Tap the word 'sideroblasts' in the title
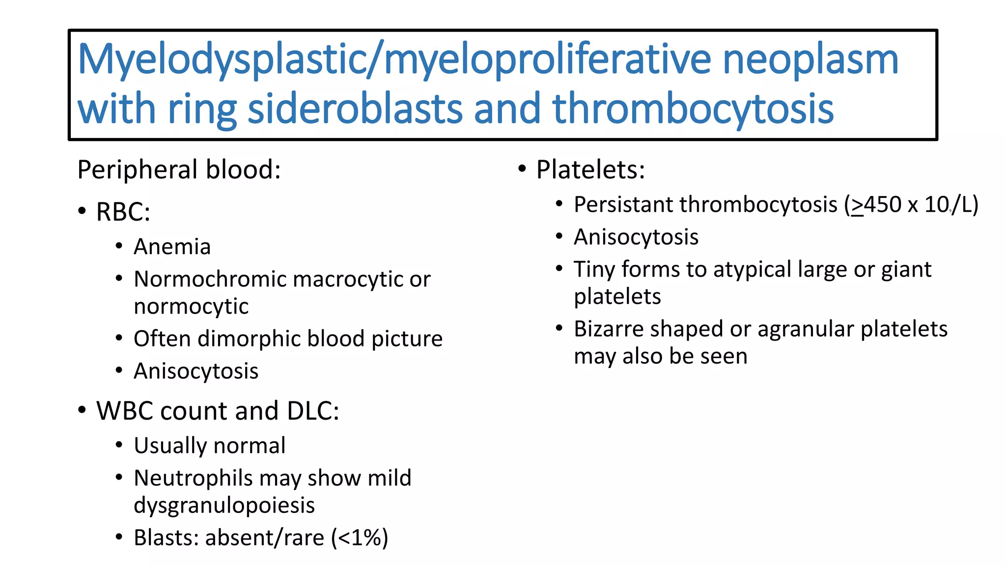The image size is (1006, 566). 355,109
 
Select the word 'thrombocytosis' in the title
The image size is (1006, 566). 693,109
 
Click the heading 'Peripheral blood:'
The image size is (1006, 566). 179,170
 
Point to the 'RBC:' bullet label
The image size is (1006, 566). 123,212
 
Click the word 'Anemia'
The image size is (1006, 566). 172,247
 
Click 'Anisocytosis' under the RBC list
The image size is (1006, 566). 196,371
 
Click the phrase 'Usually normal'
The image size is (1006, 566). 209,446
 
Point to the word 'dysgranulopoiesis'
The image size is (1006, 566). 224,506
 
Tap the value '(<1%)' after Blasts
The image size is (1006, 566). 360,538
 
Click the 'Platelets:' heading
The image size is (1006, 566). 590,170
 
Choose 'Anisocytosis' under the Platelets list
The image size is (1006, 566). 636,237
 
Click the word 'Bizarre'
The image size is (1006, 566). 608,329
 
